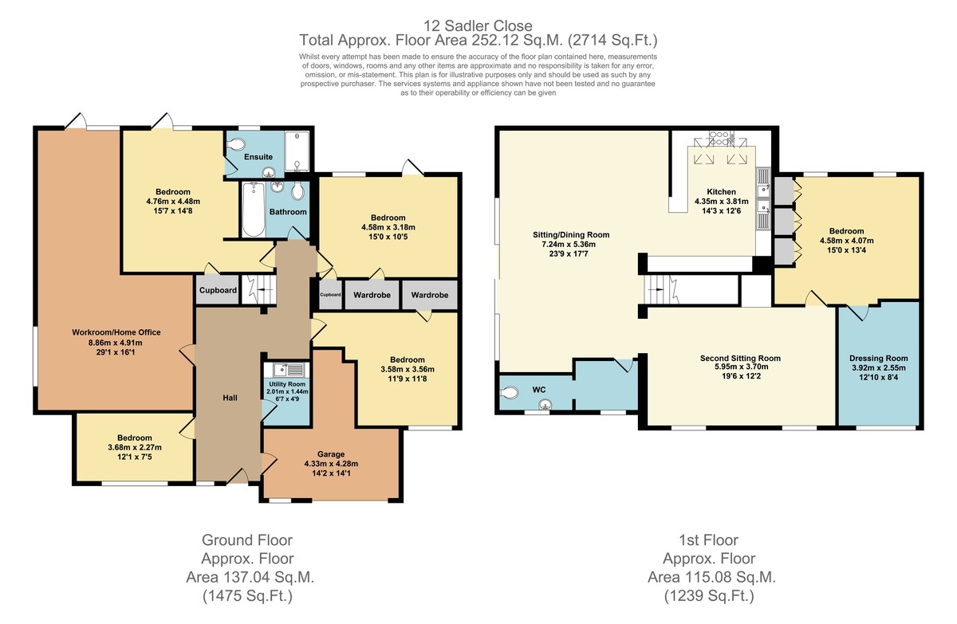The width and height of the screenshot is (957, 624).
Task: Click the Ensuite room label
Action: [258, 157]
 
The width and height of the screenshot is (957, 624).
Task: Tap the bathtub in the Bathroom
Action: [254, 209]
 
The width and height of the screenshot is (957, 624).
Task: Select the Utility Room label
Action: [287, 384]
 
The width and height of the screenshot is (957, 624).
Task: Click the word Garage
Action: [331, 454]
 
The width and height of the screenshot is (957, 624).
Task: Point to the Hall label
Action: [230, 398]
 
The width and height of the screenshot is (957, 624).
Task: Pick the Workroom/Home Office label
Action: [116, 332]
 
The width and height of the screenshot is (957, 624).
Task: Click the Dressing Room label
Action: [878, 358]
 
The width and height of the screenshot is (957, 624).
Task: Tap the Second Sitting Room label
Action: [740, 358]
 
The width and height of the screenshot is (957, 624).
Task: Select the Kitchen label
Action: [721, 191]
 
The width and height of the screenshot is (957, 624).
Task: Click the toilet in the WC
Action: [510, 392]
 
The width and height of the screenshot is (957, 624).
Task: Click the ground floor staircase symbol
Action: [259, 290]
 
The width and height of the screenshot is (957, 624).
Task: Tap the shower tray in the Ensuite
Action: [297, 151]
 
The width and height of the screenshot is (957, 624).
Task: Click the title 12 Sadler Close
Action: [478, 26]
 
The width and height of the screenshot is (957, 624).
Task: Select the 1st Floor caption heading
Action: [709, 540]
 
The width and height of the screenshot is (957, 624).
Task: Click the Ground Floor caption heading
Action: [247, 540]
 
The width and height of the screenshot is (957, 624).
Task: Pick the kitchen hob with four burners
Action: [719, 138]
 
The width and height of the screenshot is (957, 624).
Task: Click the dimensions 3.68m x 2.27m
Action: [135, 447]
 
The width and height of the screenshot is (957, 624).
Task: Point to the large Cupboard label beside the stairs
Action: [218, 290]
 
